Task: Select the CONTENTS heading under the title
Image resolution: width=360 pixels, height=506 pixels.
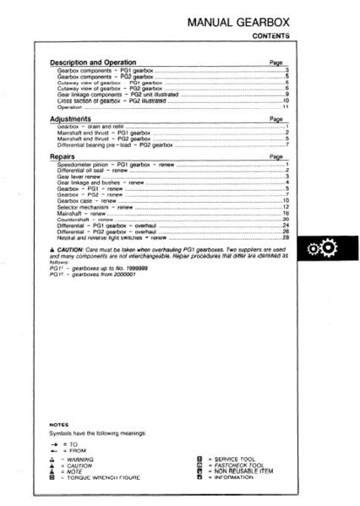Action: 271,36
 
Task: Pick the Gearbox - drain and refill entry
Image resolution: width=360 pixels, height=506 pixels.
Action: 93,127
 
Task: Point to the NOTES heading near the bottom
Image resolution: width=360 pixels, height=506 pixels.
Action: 58,423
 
